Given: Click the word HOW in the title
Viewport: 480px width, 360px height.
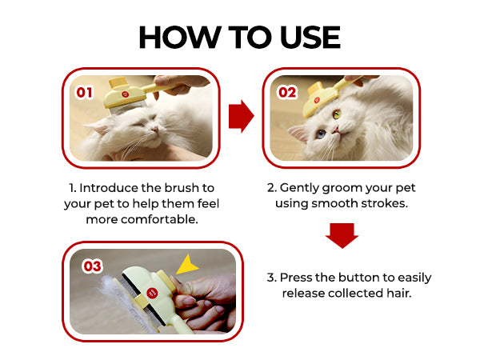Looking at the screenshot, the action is (180, 37).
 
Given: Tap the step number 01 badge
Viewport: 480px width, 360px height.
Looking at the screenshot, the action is (84, 93).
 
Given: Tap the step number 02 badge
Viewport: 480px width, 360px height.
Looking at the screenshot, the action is (287, 92).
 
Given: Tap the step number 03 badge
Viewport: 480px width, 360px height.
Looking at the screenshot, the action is (92, 266).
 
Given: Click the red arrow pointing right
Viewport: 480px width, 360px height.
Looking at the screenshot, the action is (242, 116).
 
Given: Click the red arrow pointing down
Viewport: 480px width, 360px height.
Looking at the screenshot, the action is (342, 235).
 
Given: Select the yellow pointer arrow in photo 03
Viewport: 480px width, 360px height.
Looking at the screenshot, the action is (186, 265).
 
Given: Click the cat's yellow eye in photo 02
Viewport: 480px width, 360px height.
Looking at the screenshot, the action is (337, 114).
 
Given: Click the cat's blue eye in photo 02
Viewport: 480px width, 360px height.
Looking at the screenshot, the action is (321, 134).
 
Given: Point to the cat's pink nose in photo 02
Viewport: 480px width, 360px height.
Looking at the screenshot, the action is (337, 130).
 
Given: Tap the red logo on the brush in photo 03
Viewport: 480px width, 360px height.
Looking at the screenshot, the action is (153, 293).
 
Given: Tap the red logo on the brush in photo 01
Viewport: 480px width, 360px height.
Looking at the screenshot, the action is (126, 94).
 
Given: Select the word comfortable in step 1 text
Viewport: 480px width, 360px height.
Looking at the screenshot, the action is (159, 219).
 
